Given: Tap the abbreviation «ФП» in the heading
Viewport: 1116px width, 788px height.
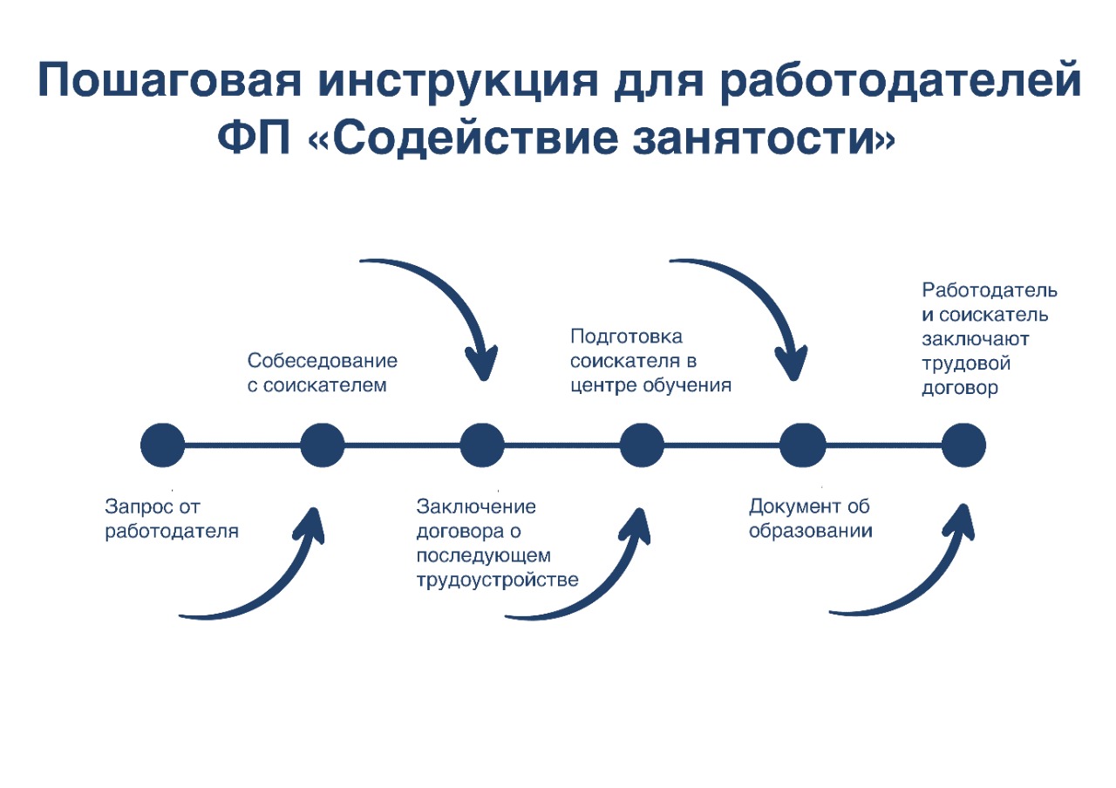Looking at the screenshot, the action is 254,138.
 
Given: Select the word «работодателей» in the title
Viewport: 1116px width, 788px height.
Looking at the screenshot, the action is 901,81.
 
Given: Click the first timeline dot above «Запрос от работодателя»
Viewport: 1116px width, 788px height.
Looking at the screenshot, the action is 162,445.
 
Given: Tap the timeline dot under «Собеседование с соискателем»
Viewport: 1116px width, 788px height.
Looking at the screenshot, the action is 323,445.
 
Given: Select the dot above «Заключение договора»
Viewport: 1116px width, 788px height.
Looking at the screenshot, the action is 482,445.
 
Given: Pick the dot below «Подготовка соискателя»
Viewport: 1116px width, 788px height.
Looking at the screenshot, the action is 642,445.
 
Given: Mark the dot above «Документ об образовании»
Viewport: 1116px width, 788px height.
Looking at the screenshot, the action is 803,445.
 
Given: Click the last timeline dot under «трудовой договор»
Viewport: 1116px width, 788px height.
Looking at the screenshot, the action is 963,445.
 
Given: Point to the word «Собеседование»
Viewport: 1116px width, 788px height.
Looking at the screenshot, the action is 323,361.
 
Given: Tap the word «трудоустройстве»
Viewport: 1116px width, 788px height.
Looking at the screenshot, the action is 497,580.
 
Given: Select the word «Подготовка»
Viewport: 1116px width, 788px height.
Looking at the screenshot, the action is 626,337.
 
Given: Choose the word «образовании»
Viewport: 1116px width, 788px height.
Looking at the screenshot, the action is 811,531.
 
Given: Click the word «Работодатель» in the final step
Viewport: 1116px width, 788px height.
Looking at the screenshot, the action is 990,290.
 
